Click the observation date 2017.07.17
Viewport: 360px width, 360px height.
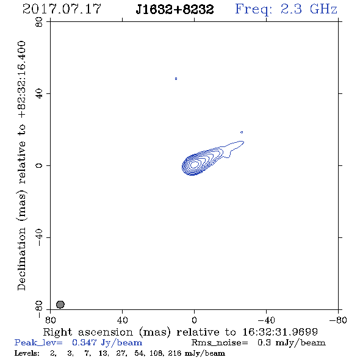pos(62,9)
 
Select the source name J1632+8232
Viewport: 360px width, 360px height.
pos(175,9)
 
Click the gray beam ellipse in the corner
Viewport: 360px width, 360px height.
pos(60,304)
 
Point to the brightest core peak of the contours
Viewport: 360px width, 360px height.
pos(195,164)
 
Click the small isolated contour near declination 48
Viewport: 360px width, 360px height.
pos(176,79)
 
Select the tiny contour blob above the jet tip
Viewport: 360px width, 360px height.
pos(242,132)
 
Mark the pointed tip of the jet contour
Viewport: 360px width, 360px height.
pos(244,142)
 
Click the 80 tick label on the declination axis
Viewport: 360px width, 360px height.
pos(39,22)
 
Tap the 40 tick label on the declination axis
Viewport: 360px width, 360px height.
pos(39,94)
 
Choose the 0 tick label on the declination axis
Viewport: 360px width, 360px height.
pos(39,165)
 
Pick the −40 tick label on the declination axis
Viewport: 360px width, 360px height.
pos(39,237)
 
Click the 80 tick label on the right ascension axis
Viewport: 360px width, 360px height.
pos(50,320)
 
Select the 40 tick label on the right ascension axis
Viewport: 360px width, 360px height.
pos(122,320)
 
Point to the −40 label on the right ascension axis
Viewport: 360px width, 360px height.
pos(266,320)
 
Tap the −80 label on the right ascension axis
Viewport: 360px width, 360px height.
pos(338,320)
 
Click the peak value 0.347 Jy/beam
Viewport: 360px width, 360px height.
pos(107,342)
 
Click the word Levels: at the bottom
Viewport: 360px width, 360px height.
pos(27,353)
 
